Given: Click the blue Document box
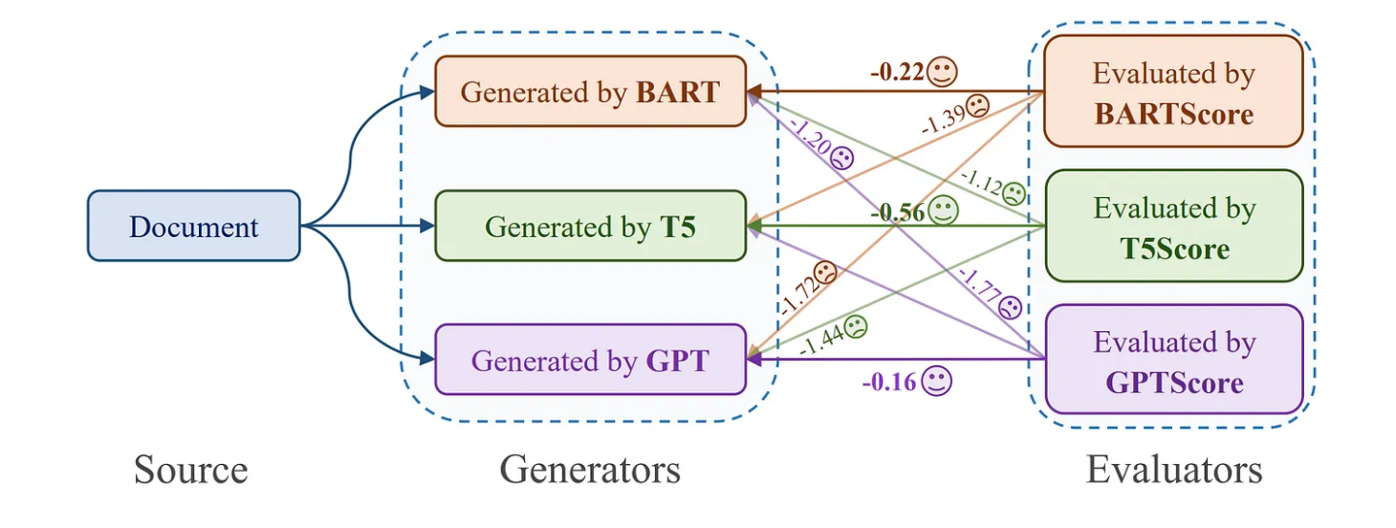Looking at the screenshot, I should [x=193, y=226].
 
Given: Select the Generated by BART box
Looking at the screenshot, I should [x=590, y=92].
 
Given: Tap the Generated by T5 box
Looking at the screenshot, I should [x=590, y=226].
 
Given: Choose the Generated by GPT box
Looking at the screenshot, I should [x=590, y=360].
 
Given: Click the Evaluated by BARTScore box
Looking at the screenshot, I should [x=1173, y=92].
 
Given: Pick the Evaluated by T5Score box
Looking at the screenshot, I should [x=1173, y=227].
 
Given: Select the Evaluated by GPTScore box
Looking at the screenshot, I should [x=1173, y=361].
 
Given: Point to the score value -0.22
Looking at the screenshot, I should [x=897, y=72].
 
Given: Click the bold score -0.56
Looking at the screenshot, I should [x=898, y=212].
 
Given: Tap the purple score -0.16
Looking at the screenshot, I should [x=889, y=383].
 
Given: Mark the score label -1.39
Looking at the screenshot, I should [x=943, y=118].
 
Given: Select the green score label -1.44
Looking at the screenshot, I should [x=820, y=338].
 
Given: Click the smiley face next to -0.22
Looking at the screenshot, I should [x=943, y=71].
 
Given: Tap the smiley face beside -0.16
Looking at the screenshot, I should [x=937, y=383].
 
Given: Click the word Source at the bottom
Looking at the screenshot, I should [x=190, y=471].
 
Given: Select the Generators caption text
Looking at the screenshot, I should [x=590, y=470].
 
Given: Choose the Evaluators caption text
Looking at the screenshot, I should [x=1173, y=470].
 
